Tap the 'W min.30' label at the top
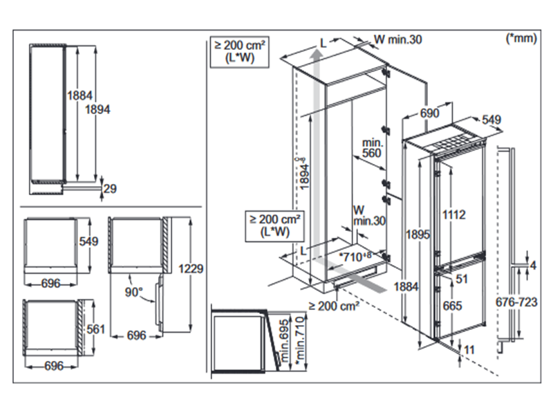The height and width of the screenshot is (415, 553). coord(397,39)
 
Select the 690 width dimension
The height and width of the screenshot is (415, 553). coord(429,113)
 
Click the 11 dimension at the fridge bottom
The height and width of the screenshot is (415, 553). coord(470,350)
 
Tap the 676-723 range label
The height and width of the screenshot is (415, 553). coord(517,302)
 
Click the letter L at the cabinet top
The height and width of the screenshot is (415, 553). coord(322,43)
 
